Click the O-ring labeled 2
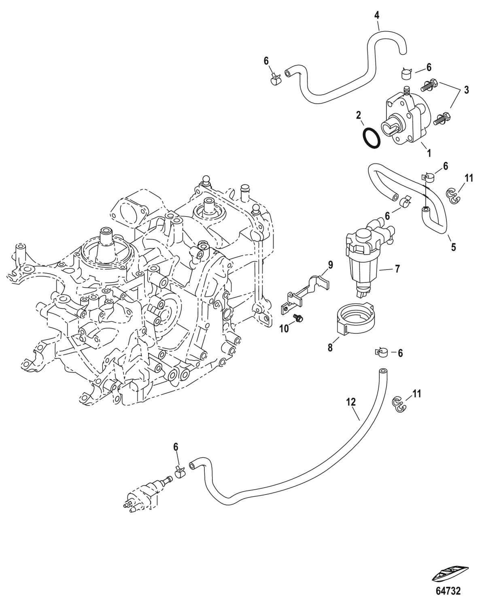click(371, 139)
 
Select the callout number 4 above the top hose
click(377, 16)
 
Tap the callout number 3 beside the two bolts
click(467, 90)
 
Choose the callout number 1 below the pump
click(429, 153)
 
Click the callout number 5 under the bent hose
click(453, 247)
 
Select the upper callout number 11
click(469, 178)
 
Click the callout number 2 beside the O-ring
click(359, 115)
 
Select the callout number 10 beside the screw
click(285, 329)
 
